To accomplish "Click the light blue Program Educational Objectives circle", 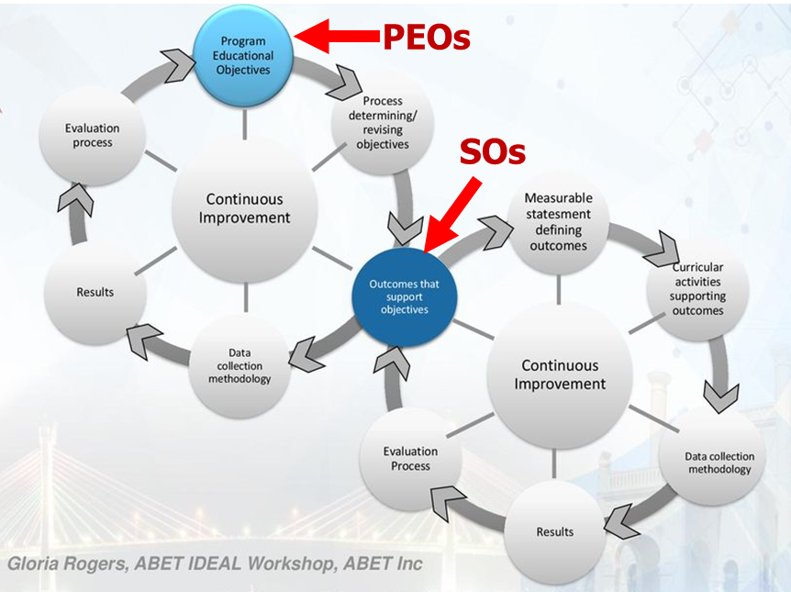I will (244, 55).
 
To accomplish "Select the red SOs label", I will (493, 151).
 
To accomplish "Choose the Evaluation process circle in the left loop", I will (92, 136).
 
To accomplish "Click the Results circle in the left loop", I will (95, 292).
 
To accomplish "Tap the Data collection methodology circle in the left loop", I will (240, 365).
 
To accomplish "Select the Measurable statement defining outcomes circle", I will (558, 221).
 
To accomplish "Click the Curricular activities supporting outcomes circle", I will (696, 290).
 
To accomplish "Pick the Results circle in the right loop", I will (554, 531).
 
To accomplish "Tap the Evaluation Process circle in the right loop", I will (410, 459).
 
